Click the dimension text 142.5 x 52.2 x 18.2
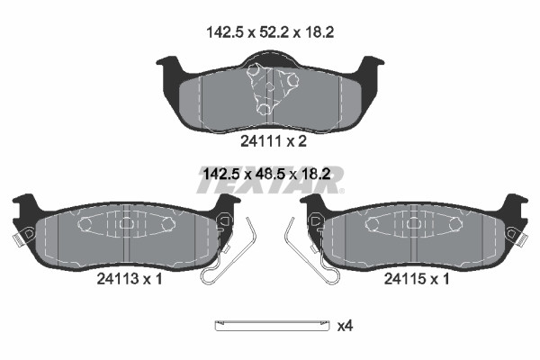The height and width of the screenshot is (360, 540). click(x=270, y=32)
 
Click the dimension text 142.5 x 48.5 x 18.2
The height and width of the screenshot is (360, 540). click(x=267, y=174)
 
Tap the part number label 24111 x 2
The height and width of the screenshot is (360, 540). click(x=273, y=141)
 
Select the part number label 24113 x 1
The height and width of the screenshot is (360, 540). click(x=129, y=279)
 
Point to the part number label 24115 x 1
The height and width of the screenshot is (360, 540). click(x=417, y=279)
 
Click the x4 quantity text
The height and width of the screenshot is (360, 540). click(x=345, y=326)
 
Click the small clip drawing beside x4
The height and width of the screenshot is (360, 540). click(x=272, y=326)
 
